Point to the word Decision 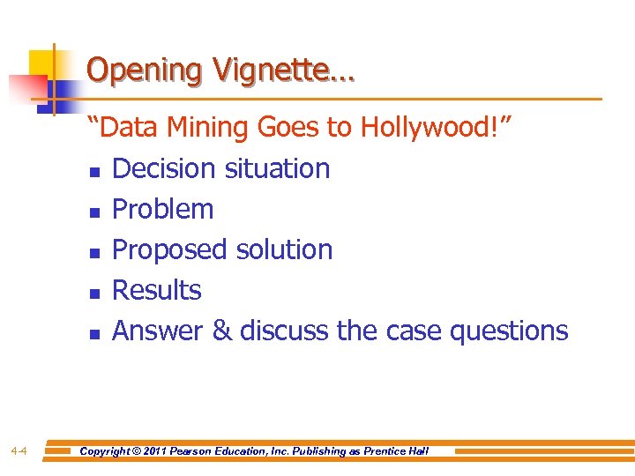[x=165, y=168]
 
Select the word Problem [x=163, y=209]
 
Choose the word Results [x=157, y=290]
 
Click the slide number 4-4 [x=19, y=451]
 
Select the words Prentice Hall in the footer [x=396, y=451]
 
